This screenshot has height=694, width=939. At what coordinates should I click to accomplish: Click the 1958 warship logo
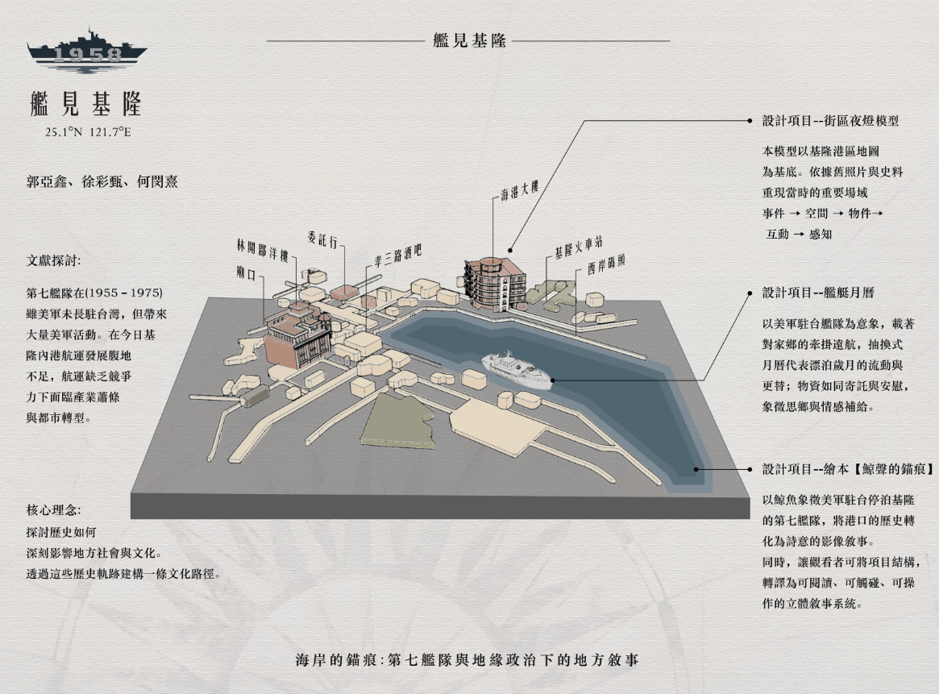point(87,50)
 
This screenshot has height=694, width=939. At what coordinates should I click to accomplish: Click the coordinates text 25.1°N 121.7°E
point(88,132)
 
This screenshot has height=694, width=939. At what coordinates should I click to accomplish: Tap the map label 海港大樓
point(520,190)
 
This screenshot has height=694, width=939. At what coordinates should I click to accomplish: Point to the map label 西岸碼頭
point(606,264)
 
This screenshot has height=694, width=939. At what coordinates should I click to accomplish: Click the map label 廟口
point(246,273)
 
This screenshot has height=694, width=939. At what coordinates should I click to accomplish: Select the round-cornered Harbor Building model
point(495,284)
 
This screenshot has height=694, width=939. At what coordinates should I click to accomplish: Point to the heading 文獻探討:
point(53,260)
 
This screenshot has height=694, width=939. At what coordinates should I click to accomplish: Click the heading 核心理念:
point(53,510)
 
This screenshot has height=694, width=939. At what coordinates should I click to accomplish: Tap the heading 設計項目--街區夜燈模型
point(830,120)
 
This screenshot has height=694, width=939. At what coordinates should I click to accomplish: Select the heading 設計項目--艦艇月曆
point(818,293)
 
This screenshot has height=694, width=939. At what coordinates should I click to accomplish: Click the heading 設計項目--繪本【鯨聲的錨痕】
point(848,469)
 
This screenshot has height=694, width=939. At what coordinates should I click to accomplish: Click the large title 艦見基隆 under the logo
point(86,104)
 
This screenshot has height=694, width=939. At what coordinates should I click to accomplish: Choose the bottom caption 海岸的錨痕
point(336,660)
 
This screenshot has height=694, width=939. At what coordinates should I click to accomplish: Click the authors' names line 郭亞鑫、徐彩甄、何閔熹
point(102,181)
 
